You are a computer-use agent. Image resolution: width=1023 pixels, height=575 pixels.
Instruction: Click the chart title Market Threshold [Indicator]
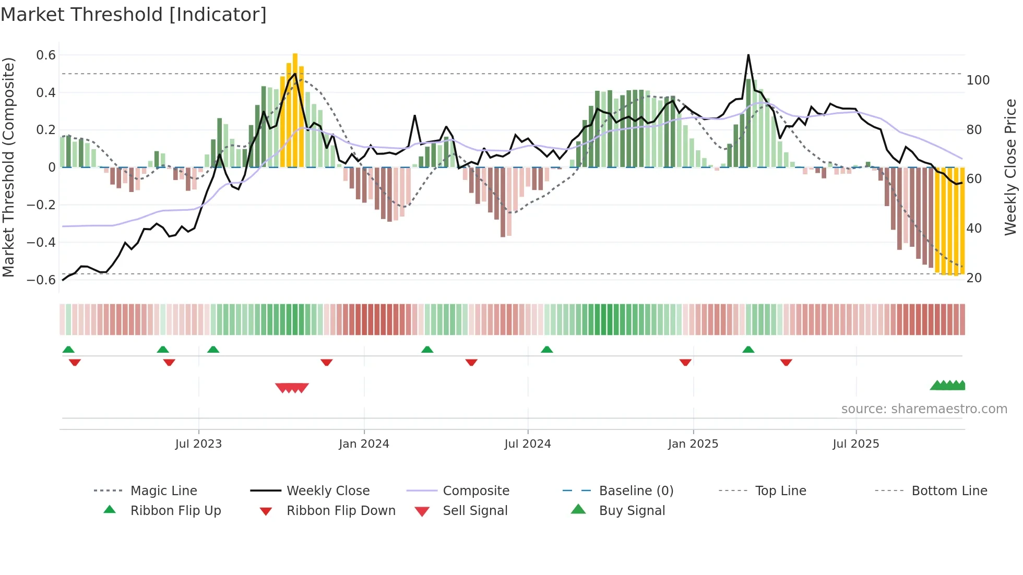(x=134, y=15)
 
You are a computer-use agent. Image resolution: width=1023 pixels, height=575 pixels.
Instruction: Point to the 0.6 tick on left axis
(x=46, y=55)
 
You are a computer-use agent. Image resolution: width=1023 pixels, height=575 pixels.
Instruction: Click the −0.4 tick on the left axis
(x=42, y=242)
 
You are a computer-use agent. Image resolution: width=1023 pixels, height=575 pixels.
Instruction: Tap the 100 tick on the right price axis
(x=978, y=80)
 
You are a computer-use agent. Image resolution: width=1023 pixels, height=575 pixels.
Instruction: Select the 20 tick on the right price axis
(x=974, y=278)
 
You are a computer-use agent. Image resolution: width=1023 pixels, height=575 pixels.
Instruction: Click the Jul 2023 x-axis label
(x=198, y=444)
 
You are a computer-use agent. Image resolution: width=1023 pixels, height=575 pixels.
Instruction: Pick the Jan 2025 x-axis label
(x=693, y=444)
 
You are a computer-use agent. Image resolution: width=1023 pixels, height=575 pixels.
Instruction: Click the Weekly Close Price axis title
(x=1010, y=167)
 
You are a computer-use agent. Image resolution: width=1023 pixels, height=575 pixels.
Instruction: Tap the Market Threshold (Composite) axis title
(x=8, y=167)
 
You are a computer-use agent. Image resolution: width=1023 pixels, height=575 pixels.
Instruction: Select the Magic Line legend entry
(x=163, y=491)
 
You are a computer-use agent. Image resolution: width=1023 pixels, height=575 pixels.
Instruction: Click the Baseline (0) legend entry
(x=636, y=491)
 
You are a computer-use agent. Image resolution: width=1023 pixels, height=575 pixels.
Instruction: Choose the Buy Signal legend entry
(x=632, y=511)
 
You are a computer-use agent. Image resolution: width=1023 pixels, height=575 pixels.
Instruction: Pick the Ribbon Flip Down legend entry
(x=340, y=511)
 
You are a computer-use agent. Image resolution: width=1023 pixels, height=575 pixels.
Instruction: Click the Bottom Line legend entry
(x=949, y=491)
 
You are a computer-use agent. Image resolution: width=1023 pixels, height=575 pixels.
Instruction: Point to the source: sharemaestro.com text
(x=924, y=409)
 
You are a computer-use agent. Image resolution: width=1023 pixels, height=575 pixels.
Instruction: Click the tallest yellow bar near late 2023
(x=295, y=110)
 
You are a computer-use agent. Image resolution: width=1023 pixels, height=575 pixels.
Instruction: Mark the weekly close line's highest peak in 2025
(x=748, y=55)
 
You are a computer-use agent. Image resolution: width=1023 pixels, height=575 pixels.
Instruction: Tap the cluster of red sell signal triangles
(x=292, y=388)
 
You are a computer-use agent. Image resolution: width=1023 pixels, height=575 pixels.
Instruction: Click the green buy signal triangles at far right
(x=948, y=386)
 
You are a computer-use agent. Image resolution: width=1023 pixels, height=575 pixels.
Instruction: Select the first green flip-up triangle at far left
(x=68, y=350)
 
